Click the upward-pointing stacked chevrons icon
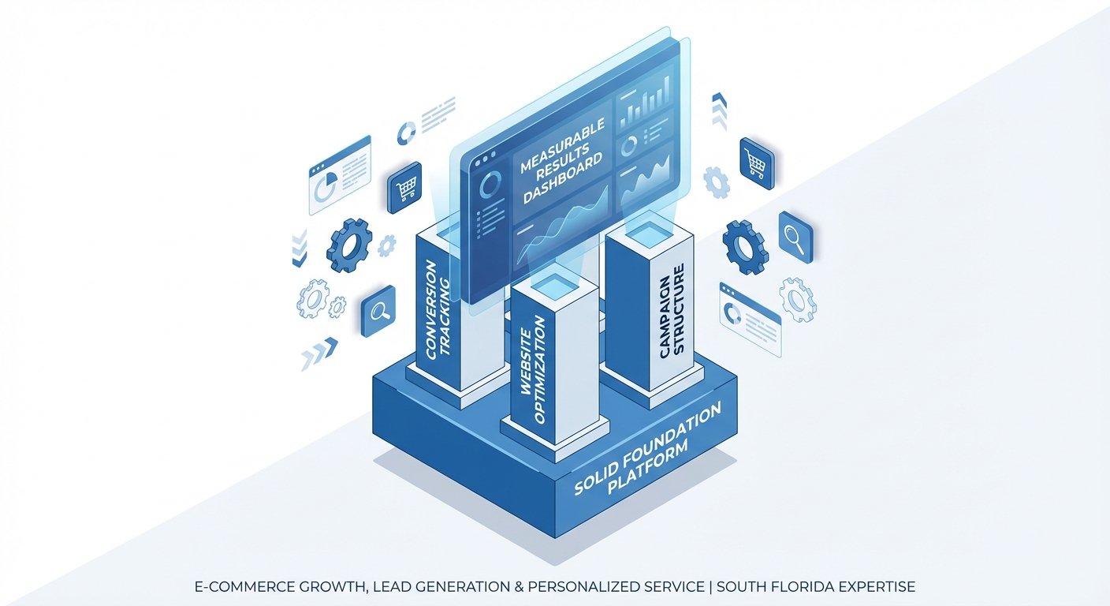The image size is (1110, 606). pyautogui.click(x=718, y=110)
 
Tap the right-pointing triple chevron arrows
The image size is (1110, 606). pyautogui.click(x=319, y=353)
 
